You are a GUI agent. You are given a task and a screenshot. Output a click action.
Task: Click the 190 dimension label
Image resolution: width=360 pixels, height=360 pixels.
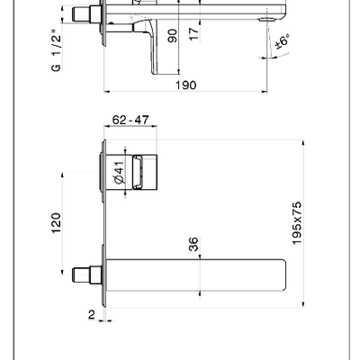(x=186, y=85)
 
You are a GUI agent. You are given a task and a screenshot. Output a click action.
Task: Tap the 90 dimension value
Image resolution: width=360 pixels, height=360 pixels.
(x=172, y=35)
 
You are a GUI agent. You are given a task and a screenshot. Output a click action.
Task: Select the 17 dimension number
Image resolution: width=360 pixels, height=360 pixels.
(x=194, y=33)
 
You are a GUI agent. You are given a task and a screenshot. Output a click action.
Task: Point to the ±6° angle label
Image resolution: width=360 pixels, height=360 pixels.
(x=283, y=41)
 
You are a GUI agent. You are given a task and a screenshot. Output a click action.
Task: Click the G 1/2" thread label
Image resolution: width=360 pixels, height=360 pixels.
(x=56, y=50)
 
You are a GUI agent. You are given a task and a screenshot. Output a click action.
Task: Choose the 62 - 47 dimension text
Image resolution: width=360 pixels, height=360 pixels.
(x=130, y=120)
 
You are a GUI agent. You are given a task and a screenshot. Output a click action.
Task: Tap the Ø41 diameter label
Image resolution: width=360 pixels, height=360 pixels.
(x=119, y=173)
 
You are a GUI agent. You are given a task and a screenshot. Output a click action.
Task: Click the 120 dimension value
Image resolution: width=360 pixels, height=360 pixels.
(x=56, y=223)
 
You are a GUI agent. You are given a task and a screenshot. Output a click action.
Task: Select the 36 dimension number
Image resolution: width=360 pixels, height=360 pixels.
(x=193, y=244)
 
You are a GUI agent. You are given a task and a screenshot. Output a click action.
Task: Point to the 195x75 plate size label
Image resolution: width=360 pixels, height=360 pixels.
(x=297, y=223)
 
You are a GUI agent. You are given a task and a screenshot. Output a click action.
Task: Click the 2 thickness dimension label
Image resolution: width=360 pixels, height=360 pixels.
(x=92, y=314)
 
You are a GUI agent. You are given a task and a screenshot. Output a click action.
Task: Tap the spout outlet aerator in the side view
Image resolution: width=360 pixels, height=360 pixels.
(x=266, y=20)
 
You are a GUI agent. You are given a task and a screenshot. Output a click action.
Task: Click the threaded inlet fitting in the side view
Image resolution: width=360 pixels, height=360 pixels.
(x=87, y=13)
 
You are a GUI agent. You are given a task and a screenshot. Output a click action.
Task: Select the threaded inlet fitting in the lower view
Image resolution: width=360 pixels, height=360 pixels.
(x=87, y=274)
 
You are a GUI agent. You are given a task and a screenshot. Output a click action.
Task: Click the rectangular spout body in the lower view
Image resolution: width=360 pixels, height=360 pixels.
(x=195, y=275)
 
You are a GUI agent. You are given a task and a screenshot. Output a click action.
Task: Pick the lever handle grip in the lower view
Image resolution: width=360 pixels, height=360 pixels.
(x=138, y=172)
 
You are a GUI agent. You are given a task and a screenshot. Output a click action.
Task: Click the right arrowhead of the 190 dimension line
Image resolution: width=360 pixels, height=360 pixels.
(x=265, y=91)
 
